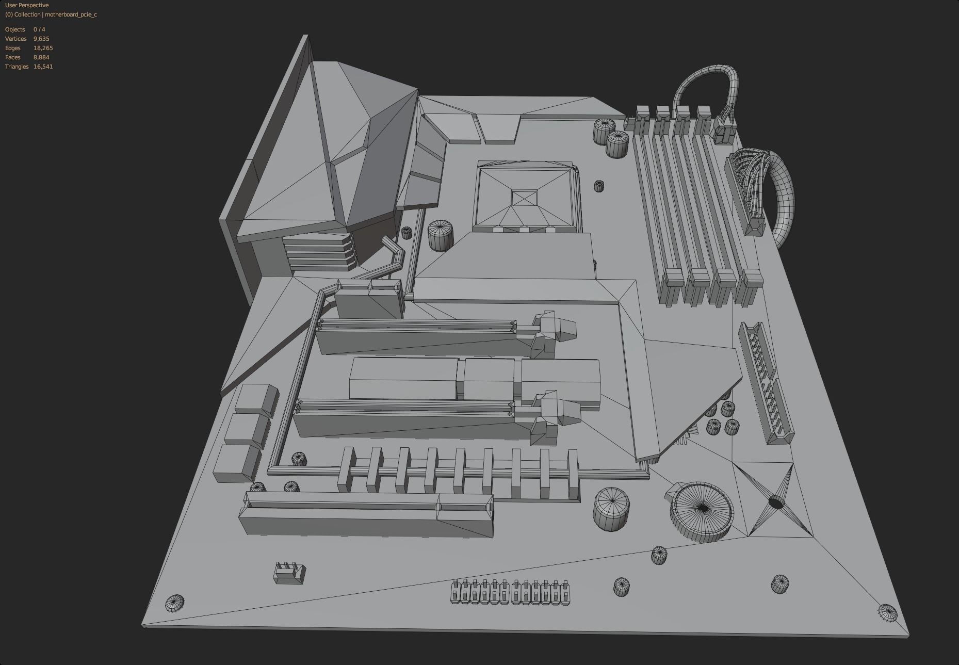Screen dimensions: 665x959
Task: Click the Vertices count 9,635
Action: pyautogui.click(x=41, y=39)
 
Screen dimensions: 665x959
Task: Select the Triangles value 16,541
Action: pyautogui.click(x=43, y=67)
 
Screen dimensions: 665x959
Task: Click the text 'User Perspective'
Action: pyautogui.click(x=27, y=5)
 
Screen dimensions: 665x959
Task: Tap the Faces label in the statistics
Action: pyautogui.click(x=13, y=57)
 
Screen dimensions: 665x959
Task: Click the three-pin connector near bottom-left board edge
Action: pyautogui.click(x=289, y=573)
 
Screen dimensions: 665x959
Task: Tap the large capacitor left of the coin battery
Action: pyautogui.click(x=611, y=509)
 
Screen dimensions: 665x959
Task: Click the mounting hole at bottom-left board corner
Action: pyautogui.click(x=174, y=603)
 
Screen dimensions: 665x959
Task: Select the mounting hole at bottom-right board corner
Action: pyautogui.click(x=887, y=612)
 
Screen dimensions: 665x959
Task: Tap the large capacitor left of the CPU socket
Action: pyautogui.click(x=441, y=235)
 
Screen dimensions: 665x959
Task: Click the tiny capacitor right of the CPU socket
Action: pyautogui.click(x=598, y=185)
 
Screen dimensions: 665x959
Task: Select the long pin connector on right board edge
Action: pyautogui.click(x=766, y=382)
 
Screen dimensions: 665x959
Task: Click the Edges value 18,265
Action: pyautogui.click(x=43, y=48)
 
